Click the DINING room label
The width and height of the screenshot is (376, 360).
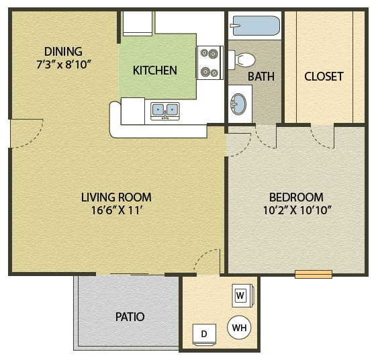click(x=63, y=52)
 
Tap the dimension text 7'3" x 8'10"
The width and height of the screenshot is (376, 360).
click(x=63, y=64)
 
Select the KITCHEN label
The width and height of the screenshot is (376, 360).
click(x=154, y=70)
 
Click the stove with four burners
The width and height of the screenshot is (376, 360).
click(x=209, y=62)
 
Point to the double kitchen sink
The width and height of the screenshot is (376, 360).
click(x=165, y=109)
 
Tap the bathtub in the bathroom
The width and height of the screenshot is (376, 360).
click(x=255, y=27)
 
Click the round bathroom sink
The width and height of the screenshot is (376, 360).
click(x=238, y=103)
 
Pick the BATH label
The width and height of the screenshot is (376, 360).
click(x=261, y=77)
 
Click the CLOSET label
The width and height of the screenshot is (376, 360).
click(x=324, y=77)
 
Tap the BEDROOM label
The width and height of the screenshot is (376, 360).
click(x=296, y=197)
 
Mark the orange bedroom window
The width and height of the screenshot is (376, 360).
click(x=314, y=274)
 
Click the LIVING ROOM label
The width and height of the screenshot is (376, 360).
click(x=116, y=197)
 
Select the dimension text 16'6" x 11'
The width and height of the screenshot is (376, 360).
click(x=116, y=210)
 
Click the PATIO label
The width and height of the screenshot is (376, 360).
click(x=130, y=316)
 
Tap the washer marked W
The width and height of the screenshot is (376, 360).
click(x=240, y=295)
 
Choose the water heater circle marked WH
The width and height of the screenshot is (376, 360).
click(x=239, y=328)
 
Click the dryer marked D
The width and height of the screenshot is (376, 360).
click(x=204, y=334)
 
